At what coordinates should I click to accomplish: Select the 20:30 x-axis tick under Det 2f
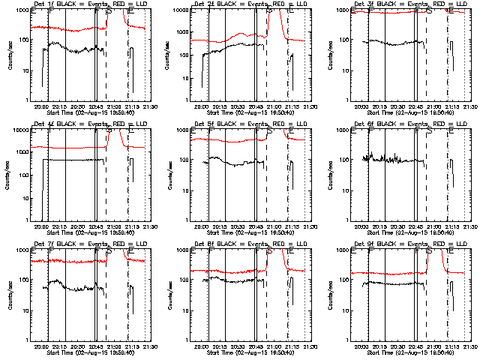point(237,106)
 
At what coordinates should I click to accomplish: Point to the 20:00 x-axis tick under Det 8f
point(201,346)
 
